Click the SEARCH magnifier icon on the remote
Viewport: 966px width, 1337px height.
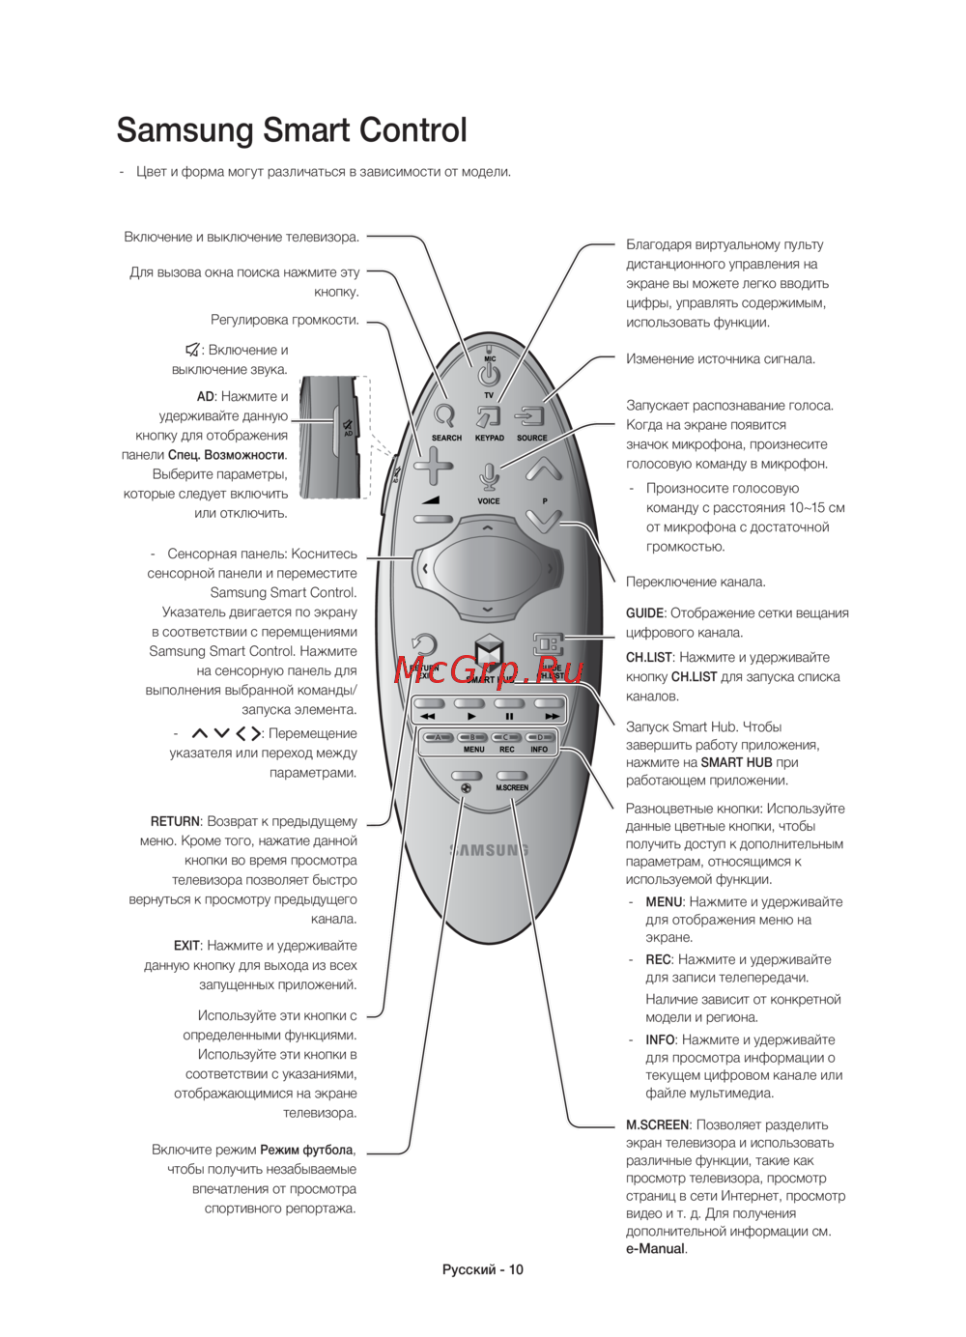click(444, 415)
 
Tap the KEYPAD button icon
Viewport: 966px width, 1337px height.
click(489, 416)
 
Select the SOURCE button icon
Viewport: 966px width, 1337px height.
click(531, 416)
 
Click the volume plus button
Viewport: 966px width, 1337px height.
click(433, 467)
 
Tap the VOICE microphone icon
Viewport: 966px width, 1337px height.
click(489, 476)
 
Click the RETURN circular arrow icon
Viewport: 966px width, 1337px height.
click(423, 645)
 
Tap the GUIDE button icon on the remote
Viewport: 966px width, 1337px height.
click(548, 643)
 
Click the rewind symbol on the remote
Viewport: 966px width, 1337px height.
click(428, 717)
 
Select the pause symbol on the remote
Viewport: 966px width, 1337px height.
click(509, 717)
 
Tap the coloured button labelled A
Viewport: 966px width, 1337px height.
click(438, 738)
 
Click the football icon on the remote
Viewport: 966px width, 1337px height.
click(466, 788)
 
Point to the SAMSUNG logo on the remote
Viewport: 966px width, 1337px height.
click(489, 850)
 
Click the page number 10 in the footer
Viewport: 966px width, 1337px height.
click(516, 1269)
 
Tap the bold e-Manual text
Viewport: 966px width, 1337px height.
click(655, 1249)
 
